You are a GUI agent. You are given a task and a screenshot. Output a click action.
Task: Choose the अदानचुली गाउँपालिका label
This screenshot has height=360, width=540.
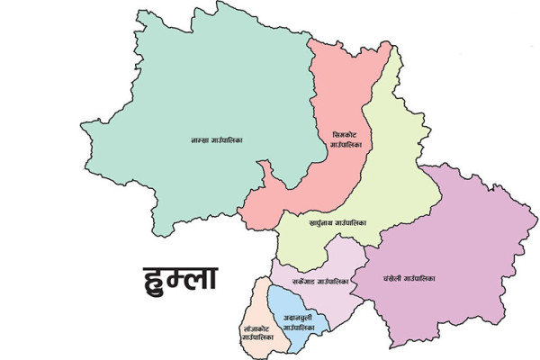pos(298,324)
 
